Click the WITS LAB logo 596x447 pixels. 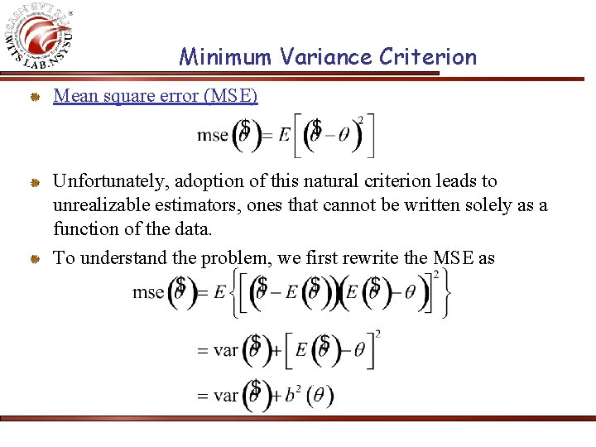(41, 37)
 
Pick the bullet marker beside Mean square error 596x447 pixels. (36, 98)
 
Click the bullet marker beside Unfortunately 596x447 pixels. (36, 182)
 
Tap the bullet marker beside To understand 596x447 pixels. (36, 258)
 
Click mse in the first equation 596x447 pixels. (213, 136)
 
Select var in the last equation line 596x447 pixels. (225, 396)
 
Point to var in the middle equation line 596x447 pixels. (225, 350)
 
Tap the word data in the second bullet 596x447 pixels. (191, 228)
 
